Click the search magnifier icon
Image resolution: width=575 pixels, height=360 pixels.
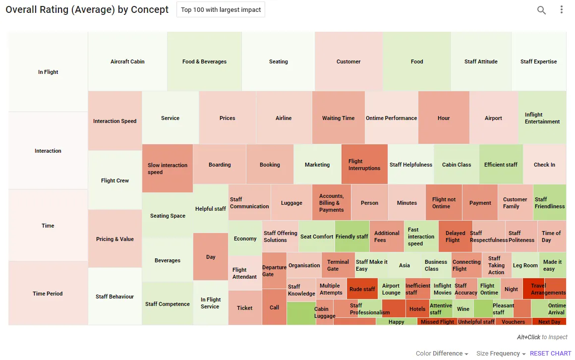[x=541, y=10]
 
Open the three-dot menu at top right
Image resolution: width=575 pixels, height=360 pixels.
[x=562, y=9]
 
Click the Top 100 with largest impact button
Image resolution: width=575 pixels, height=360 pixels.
[x=221, y=9]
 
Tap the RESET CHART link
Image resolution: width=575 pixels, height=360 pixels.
[x=550, y=354]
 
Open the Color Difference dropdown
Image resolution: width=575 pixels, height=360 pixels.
[x=442, y=354]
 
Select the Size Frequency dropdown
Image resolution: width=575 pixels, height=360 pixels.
[x=501, y=354]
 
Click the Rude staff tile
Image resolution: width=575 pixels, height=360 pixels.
[x=362, y=289]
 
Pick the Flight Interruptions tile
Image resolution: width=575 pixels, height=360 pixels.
[x=364, y=165]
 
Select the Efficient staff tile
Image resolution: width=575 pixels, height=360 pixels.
[x=501, y=165]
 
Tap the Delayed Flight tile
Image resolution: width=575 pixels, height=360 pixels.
[x=455, y=237]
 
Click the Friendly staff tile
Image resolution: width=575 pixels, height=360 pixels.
[x=351, y=237]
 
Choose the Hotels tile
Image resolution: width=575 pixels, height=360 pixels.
[x=417, y=308]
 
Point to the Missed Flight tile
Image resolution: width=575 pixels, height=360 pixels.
[x=437, y=321]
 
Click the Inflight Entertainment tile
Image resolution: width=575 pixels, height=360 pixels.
[x=542, y=118]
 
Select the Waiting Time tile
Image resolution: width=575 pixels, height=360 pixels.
[x=338, y=118]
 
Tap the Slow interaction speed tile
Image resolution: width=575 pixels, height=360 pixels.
[x=168, y=169]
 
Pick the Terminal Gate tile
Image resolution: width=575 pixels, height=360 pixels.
[x=338, y=265]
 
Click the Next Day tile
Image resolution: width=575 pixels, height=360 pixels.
[x=549, y=321]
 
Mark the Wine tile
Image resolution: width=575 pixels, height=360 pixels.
[x=463, y=308]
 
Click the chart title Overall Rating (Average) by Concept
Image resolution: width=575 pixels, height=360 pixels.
[x=87, y=9]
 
